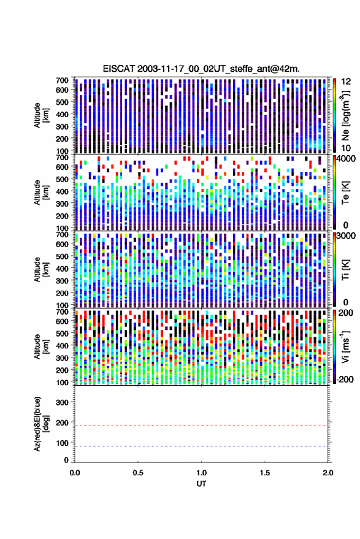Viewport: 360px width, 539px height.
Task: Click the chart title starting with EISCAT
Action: coord(201,69)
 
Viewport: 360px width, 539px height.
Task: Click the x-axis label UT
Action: coord(201,484)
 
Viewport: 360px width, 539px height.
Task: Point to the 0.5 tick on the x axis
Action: coord(138,473)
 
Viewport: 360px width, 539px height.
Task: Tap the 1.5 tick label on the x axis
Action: coord(265,473)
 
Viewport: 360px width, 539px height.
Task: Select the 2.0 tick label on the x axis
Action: coord(327,473)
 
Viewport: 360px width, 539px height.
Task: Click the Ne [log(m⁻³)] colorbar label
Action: coord(345,115)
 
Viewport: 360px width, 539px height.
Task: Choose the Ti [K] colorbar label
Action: coord(345,270)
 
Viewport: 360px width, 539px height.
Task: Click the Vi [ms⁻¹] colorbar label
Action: coord(345,346)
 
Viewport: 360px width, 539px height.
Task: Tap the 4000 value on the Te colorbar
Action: coord(345,159)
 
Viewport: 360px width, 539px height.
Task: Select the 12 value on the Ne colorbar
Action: coord(346,82)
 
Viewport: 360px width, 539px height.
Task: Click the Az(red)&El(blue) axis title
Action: coord(41,424)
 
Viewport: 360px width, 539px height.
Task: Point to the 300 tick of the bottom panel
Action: coord(62,402)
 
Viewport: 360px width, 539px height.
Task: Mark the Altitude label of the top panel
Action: coord(41,115)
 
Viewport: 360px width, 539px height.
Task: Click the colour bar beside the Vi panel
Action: coord(334,346)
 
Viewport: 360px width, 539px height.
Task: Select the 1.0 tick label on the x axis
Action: coord(202,473)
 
